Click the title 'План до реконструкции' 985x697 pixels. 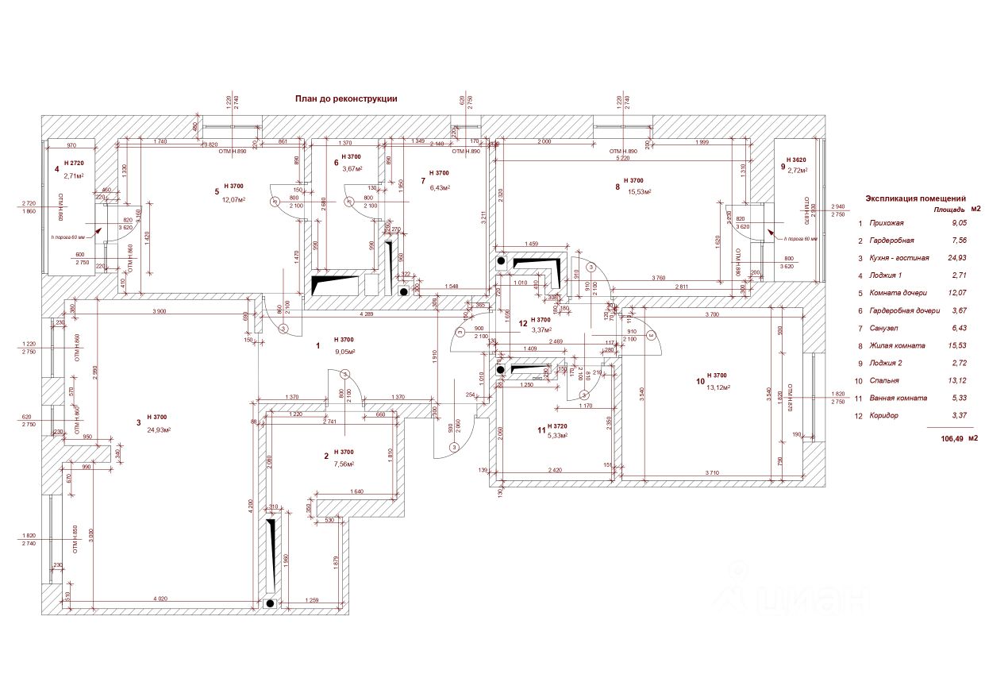[x=345, y=99]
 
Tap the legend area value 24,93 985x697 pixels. [x=959, y=258]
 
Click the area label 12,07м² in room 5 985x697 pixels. [x=233, y=199]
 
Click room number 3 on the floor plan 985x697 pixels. [x=138, y=423]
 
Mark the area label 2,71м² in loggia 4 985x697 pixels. [x=74, y=175]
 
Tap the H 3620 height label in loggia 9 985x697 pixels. [x=795, y=160]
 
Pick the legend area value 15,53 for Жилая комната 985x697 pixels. [x=959, y=345]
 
